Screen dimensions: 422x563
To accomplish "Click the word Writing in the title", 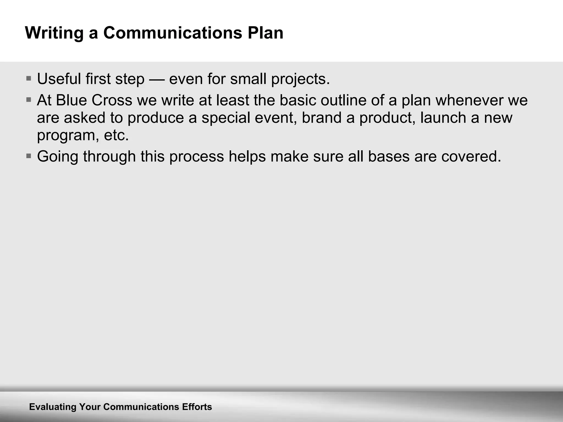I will point(54,33).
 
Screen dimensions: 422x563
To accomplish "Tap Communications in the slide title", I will point(173,33).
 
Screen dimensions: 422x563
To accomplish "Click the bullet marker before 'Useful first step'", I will point(29,78).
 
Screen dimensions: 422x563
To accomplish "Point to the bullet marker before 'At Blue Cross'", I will point(29,99).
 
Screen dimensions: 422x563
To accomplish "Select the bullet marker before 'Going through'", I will point(29,156).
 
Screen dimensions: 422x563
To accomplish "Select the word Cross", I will point(112,100).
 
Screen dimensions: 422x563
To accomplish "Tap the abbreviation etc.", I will point(116,135).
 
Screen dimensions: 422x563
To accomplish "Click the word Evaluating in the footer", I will point(52,407).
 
